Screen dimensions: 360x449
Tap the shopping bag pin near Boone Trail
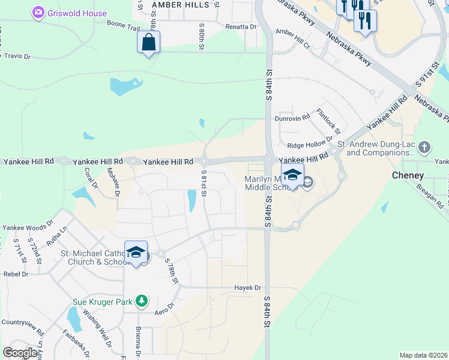pyautogui.click(x=148, y=43)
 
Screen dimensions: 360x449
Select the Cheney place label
pyautogui.click(x=408, y=176)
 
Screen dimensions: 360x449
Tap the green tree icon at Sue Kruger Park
pyautogui.click(x=141, y=301)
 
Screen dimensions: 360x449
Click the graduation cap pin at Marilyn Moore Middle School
pyautogui.click(x=292, y=175)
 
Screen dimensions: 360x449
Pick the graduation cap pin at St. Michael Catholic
pyautogui.click(x=136, y=253)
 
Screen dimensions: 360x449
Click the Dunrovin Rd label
pyautogui.click(x=292, y=118)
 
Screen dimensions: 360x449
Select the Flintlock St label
pyautogui.click(x=328, y=121)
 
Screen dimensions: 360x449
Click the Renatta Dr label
pyautogui.click(x=241, y=27)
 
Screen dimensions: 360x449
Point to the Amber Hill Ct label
pyautogui.click(x=292, y=38)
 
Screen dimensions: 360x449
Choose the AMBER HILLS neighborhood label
pyautogui.click(x=180, y=4)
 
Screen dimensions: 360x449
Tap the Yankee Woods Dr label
pyautogui.click(x=24, y=228)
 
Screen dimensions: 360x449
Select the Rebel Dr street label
pyautogui.click(x=16, y=274)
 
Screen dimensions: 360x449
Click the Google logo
pyautogui.click(x=20, y=353)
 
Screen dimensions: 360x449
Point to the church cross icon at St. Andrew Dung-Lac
pyautogui.click(x=424, y=146)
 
